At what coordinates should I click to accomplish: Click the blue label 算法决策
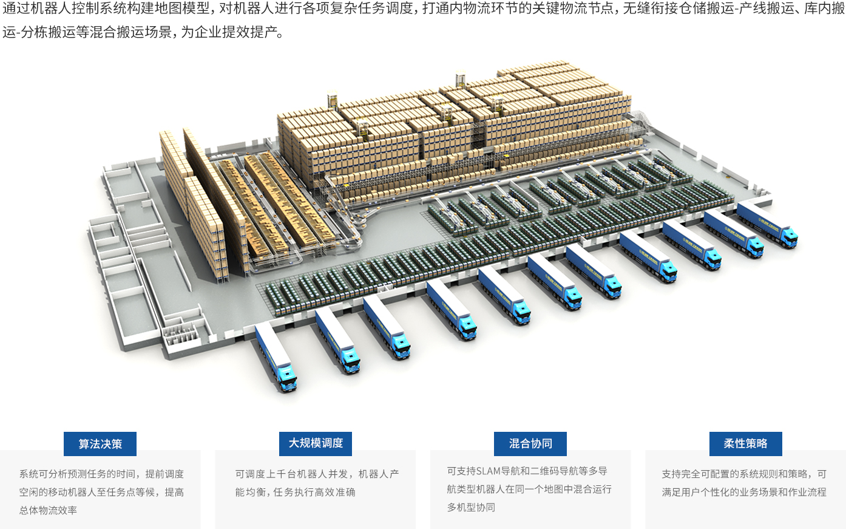tap(100, 444)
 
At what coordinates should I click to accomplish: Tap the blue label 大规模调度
tap(316, 443)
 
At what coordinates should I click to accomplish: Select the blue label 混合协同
tap(530, 444)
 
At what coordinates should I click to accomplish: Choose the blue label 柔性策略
tap(745, 444)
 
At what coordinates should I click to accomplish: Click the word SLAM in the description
tap(488, 471)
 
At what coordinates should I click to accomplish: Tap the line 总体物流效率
tap(49, 510)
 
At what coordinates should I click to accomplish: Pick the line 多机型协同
tap(472, 508)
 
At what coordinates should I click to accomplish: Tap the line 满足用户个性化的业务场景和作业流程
tap(744, 492)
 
